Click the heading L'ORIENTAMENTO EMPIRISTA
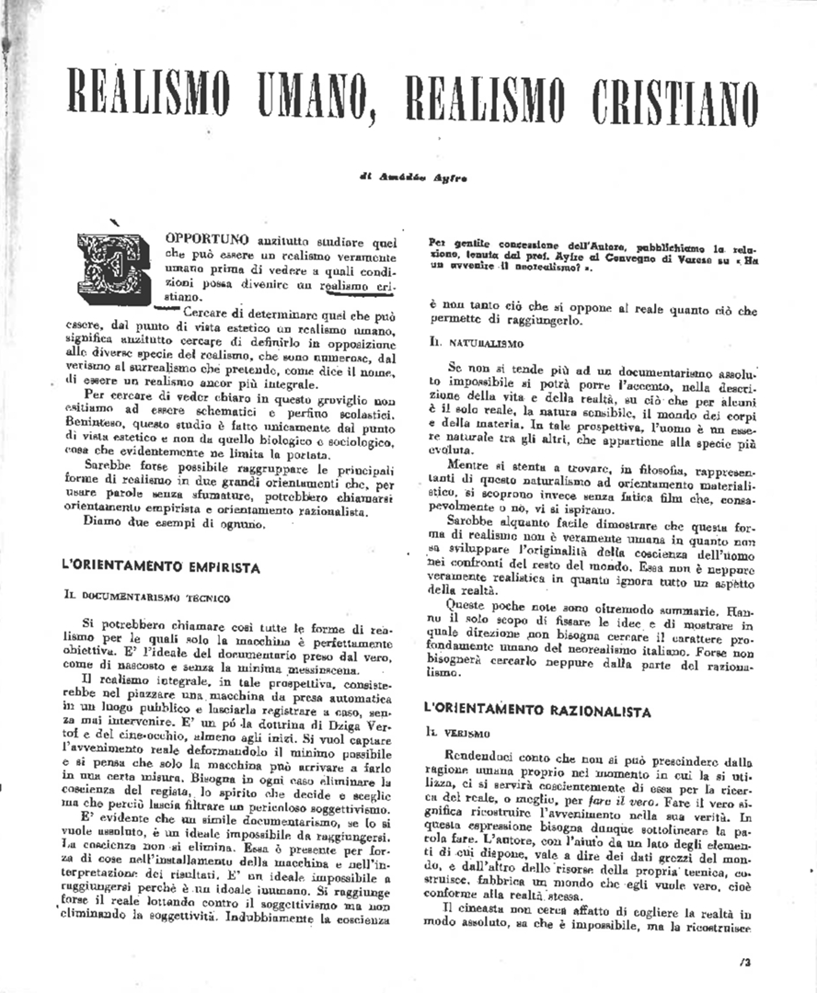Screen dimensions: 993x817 160,567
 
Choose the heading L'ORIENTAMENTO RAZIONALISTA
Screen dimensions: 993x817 538,711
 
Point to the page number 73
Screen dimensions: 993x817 744,963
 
